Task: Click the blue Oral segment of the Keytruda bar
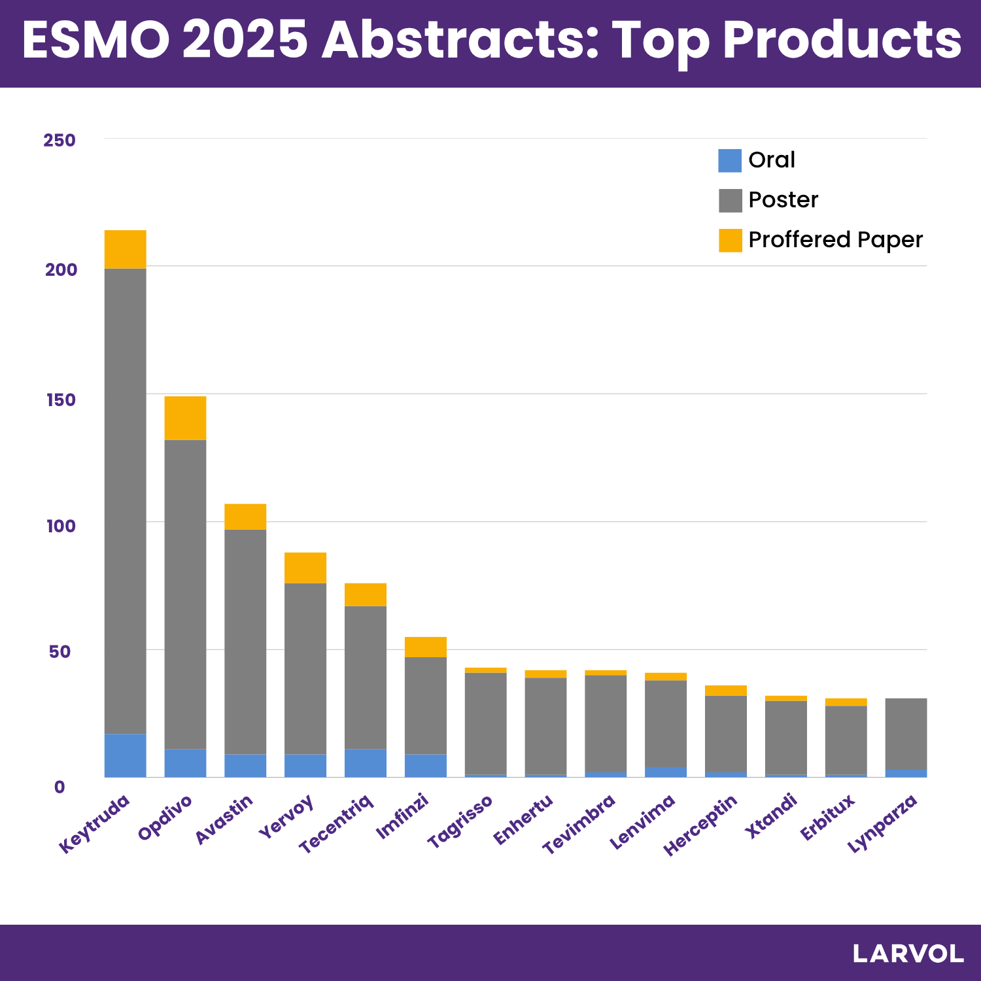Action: [x=125, y=755]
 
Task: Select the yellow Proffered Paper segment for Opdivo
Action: [x=185, y=418]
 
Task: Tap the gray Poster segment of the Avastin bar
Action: [x=245, y=641]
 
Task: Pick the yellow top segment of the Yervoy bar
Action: [x=305, y=568]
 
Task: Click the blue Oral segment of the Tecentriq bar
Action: [x=366, y=763]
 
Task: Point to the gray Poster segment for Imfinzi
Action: [x=426, y=705]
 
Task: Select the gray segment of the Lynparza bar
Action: [x=906, y=734]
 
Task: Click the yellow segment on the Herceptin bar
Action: [x=725, y=691]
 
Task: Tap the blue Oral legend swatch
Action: [x=730, y=161]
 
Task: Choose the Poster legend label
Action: [x=783, y=200]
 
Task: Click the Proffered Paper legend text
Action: [x=835, y=240]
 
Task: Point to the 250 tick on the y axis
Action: [x=60, y=140]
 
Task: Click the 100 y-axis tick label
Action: [x=61, y=526]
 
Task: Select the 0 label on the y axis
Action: [x=60, y=787]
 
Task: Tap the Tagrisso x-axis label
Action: [x=460, y=821]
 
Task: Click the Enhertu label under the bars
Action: [x=523, y=819]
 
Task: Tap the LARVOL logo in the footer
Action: [x=908, y=954]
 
